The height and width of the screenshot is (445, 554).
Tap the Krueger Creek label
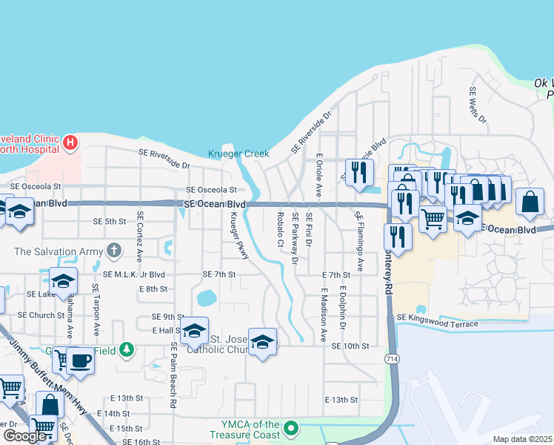point(238,154)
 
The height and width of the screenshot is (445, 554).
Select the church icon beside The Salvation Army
point(113,251)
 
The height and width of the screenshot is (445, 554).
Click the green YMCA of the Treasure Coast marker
point(292,428)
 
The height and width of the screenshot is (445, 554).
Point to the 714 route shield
point(388,358)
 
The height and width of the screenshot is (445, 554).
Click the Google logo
point(24,436)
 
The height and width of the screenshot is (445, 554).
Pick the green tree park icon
point(127,349)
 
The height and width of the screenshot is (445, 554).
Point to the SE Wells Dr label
point(477,105)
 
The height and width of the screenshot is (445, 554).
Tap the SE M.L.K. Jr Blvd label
point(133,274)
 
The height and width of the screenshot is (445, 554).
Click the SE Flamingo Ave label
point(358,241)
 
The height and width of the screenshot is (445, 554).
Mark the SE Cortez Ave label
point(139,237)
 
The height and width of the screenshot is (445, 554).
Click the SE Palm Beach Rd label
point(173,375)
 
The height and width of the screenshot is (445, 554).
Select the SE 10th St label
point(350,346)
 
